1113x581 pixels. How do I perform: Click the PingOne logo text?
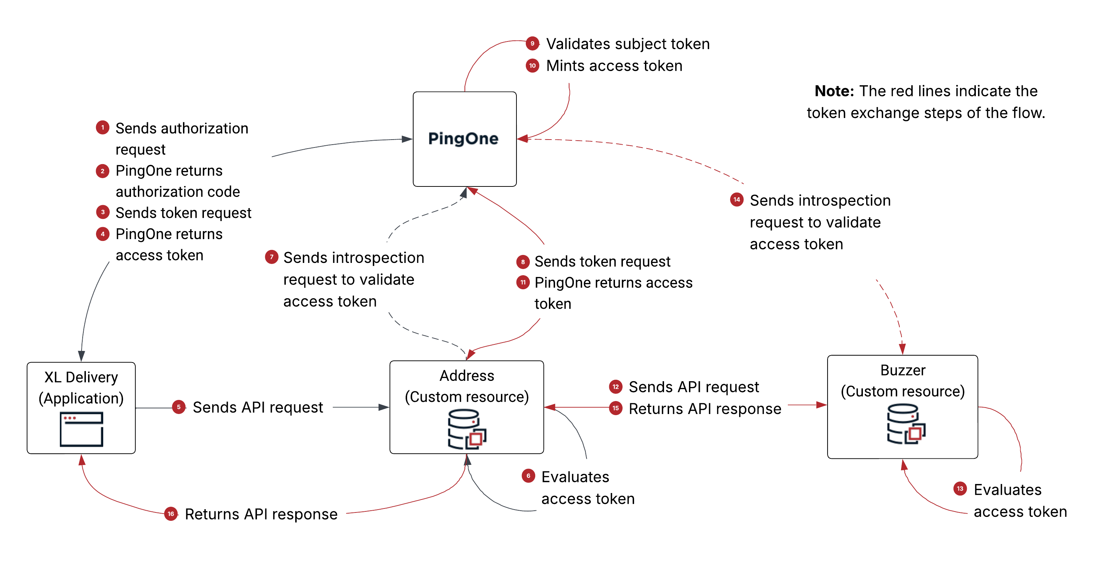(x=463, y=138)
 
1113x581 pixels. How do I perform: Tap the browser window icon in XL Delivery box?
(x=81, y=429)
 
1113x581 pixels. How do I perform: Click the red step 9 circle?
(x=532, y=44)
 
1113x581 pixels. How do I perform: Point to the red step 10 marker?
(x=532, y=66)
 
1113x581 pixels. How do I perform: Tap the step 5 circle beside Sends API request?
(x=178, y=407)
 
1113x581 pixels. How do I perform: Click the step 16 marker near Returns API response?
(x=171, y=514)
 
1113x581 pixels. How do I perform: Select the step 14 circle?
(x=737, y=199)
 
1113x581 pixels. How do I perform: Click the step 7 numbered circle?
(x=271, y=257)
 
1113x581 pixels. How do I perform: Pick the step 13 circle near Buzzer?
(x=960, y=489)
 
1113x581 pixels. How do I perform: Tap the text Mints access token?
(x=614, y=66)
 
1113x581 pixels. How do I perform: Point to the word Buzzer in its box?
(x=903, y=370)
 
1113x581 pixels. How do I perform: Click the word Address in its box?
(x=467, y=375)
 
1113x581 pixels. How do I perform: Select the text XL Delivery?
(x=81, y=377)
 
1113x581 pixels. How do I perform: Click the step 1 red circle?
(x=102, y=128)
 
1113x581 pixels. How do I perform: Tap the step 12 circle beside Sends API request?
(x=616, y=387)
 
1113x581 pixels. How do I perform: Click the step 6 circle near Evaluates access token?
(x=528, y=476)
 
